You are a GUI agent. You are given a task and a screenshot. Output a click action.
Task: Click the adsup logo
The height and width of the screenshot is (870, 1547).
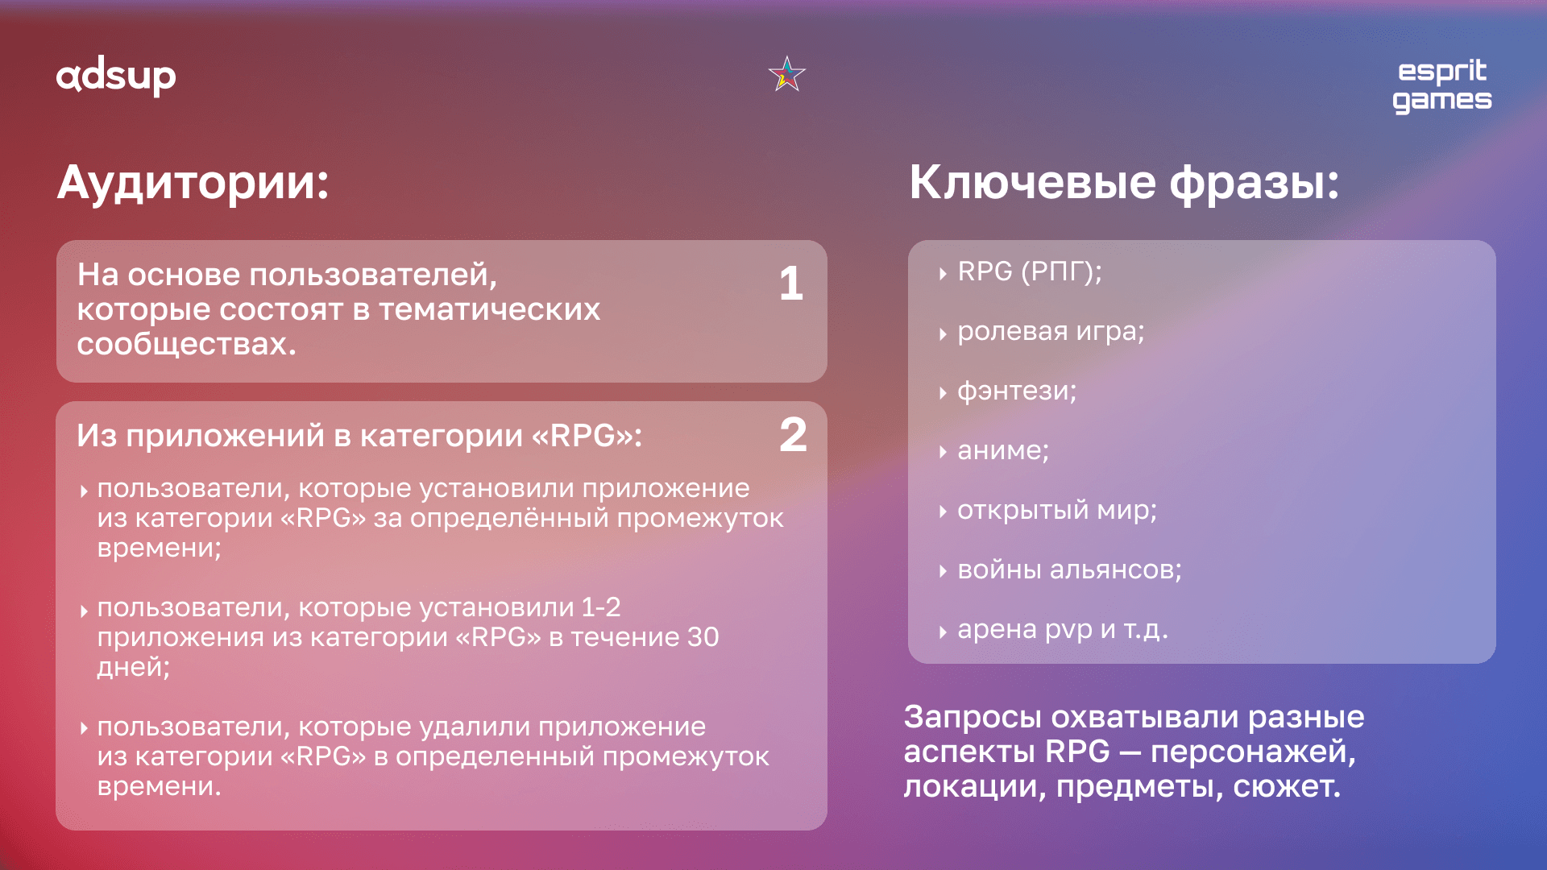116,77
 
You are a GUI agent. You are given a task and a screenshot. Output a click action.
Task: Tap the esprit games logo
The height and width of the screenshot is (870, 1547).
1442,85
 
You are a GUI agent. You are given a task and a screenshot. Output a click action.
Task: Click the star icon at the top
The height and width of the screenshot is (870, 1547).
787,74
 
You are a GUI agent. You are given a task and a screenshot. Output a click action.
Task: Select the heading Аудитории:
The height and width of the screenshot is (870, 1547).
193,182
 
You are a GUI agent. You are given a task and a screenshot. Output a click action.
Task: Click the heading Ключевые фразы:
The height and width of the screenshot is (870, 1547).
1124,182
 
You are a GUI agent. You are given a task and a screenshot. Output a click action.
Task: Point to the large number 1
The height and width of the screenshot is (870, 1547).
791,284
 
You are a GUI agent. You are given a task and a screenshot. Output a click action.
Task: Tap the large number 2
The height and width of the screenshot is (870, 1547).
793,435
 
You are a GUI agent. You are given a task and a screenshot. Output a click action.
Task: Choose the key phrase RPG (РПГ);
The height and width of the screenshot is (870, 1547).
1030,271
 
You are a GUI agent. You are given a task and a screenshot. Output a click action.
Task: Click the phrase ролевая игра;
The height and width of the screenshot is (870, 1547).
1051,331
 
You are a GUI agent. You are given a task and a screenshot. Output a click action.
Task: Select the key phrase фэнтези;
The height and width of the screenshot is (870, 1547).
1017,391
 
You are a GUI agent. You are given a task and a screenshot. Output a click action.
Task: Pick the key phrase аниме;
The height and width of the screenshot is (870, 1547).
1003,450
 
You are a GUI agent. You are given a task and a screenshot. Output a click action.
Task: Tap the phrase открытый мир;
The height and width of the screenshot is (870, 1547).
1057,510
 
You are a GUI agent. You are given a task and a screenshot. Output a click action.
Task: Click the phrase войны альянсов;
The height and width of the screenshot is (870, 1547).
1069,570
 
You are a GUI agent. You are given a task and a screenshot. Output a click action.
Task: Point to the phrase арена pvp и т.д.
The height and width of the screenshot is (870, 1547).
1063,629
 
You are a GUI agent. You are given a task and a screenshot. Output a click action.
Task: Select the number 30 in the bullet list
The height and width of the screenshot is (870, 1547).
703,637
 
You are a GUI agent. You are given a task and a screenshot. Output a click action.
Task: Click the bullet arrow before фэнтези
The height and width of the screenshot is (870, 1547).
942,393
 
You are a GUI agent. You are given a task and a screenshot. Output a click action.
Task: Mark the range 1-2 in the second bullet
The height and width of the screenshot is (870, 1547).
601,607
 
